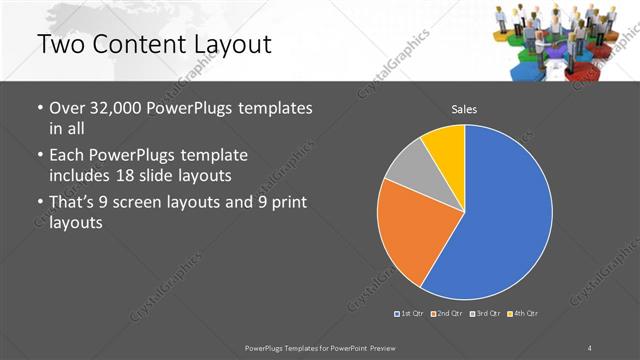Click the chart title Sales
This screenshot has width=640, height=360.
pos(463,109)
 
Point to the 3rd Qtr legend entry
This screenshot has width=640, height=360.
pos(485,314)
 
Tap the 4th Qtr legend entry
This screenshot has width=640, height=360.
pos(522,314)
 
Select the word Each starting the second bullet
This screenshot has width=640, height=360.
pos(67,156)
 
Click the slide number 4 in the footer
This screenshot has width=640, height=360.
pos(590,347)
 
